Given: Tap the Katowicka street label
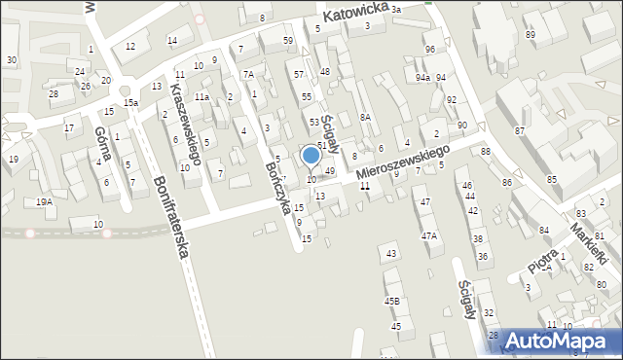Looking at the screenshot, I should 357,11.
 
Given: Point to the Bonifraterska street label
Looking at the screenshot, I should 169,216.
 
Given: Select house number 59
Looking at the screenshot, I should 288,40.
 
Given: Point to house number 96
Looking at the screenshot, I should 429,49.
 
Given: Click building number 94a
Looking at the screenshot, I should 422,77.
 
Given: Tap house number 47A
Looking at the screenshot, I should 428,235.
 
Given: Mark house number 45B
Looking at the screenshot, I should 392,301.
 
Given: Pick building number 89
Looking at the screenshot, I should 531,35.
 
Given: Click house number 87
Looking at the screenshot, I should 520,130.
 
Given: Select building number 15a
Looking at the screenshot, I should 130,102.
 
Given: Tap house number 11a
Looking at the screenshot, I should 202,97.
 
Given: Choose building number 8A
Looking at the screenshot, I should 365,117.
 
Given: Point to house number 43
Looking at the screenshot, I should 391,253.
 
